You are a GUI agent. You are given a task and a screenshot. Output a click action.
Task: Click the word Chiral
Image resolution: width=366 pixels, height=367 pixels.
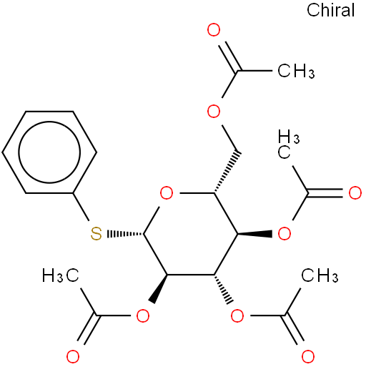(330, 10)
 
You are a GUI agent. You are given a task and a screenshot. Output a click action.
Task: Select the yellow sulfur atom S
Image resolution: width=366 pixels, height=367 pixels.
(97, 234)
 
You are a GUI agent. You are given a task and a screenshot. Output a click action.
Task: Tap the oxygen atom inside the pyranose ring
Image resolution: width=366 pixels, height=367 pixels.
(167, 193)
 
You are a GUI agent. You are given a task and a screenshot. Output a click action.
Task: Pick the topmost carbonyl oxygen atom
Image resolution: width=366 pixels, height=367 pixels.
(214, 30)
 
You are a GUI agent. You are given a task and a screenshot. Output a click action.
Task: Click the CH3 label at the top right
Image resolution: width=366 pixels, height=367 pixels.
(296, 71)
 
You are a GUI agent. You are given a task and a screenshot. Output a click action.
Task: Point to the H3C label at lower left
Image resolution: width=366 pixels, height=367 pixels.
(61, 275)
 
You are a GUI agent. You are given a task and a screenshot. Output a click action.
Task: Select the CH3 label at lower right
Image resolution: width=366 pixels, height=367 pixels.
(320, 275)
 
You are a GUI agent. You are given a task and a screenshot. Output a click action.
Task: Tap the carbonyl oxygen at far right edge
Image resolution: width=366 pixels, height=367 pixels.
(355, 193)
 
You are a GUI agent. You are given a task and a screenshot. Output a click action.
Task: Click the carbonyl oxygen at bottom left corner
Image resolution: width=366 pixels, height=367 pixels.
(73, 357)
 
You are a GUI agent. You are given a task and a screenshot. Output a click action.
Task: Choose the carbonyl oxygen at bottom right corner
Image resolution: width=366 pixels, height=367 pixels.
(308, 357)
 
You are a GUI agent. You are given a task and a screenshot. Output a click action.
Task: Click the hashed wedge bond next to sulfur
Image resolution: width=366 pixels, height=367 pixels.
(125, 234)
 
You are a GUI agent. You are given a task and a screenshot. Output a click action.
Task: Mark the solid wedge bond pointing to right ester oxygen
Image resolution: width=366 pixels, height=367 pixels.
(254, 234)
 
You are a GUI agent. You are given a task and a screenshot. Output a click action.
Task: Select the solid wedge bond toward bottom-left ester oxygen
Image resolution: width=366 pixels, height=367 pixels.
(157, 289)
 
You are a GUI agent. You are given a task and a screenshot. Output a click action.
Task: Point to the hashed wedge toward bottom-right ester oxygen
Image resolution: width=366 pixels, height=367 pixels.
(223, 289)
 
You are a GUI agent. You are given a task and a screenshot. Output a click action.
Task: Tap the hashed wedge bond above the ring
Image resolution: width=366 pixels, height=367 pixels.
(227, 172)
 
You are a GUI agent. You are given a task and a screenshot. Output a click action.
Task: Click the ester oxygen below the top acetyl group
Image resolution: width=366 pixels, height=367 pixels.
(214, 112)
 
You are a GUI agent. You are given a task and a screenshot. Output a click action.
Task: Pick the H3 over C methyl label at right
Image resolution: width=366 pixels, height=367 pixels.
(289, 145)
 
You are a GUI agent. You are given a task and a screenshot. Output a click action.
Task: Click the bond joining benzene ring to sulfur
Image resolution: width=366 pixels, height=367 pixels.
(81, 207)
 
